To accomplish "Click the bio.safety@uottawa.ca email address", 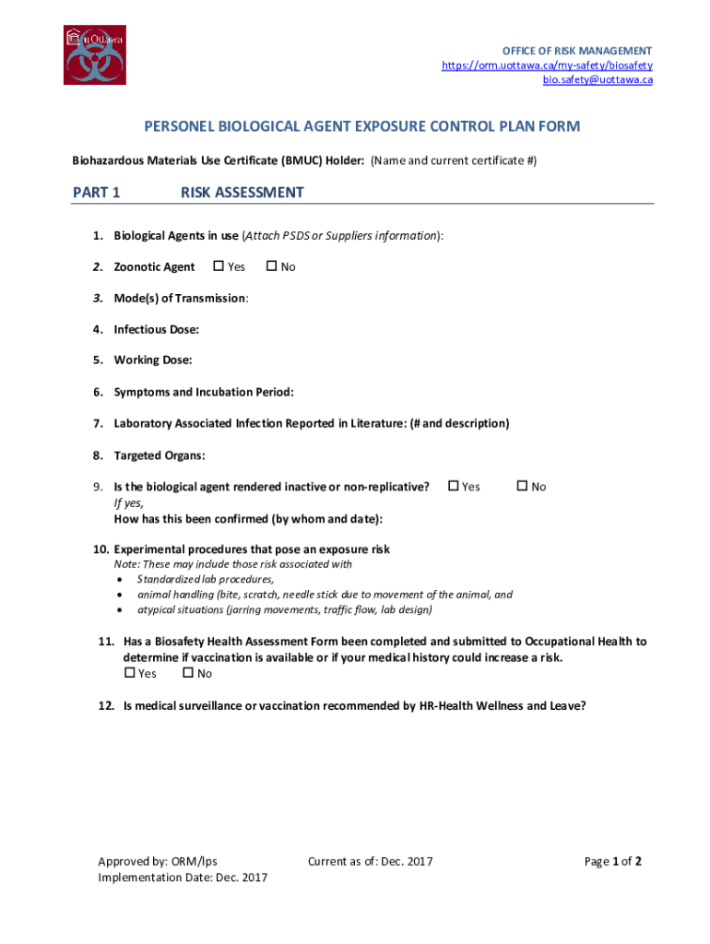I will [598, 79].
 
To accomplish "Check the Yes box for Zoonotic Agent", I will [219, 266].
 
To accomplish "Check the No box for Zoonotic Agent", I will [271, 266].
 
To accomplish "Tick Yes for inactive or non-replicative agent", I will [454, 486].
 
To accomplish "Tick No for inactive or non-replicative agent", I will [522, 486].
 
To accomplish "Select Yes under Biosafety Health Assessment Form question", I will [129, 673].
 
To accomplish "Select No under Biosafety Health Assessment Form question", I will [188, 673].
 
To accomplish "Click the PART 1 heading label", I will [97, 193].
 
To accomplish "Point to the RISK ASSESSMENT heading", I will [242, 193].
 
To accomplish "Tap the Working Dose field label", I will [152, 360].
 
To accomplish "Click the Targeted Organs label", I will [160, 455].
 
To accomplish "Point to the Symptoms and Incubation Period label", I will [203, 392].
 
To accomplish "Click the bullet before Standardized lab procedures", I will [121, 580].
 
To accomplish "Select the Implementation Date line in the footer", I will [183, 878].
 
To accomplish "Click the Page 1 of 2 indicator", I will [612, 862].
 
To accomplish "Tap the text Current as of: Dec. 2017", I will [370, 862].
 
